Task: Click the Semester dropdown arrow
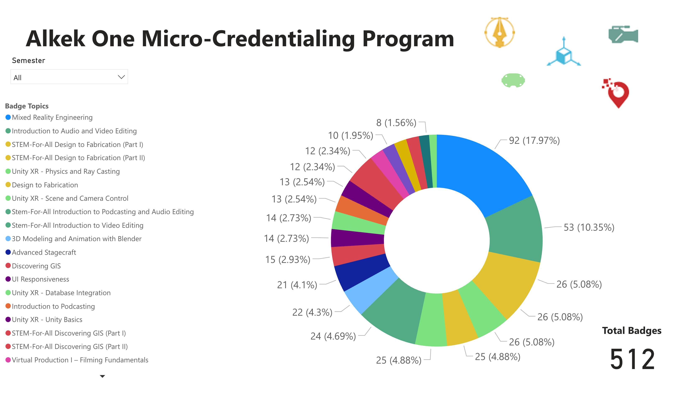click(x=121, y=77)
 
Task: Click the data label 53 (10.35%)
click(x=589, y=227)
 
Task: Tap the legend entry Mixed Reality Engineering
click(x=52, y=117)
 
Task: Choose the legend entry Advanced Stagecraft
click(x=43, y=252)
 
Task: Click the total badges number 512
click(x=632, y=359)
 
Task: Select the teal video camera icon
click(x=623, y=35)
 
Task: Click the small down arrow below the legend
click(x=102, y=376)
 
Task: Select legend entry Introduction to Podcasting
click(x=53, y=306)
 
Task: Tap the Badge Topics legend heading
click(x=27, y=106)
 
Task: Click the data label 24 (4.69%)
click(x=333, y=336)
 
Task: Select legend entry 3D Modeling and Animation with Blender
click(x=76, y=239)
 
